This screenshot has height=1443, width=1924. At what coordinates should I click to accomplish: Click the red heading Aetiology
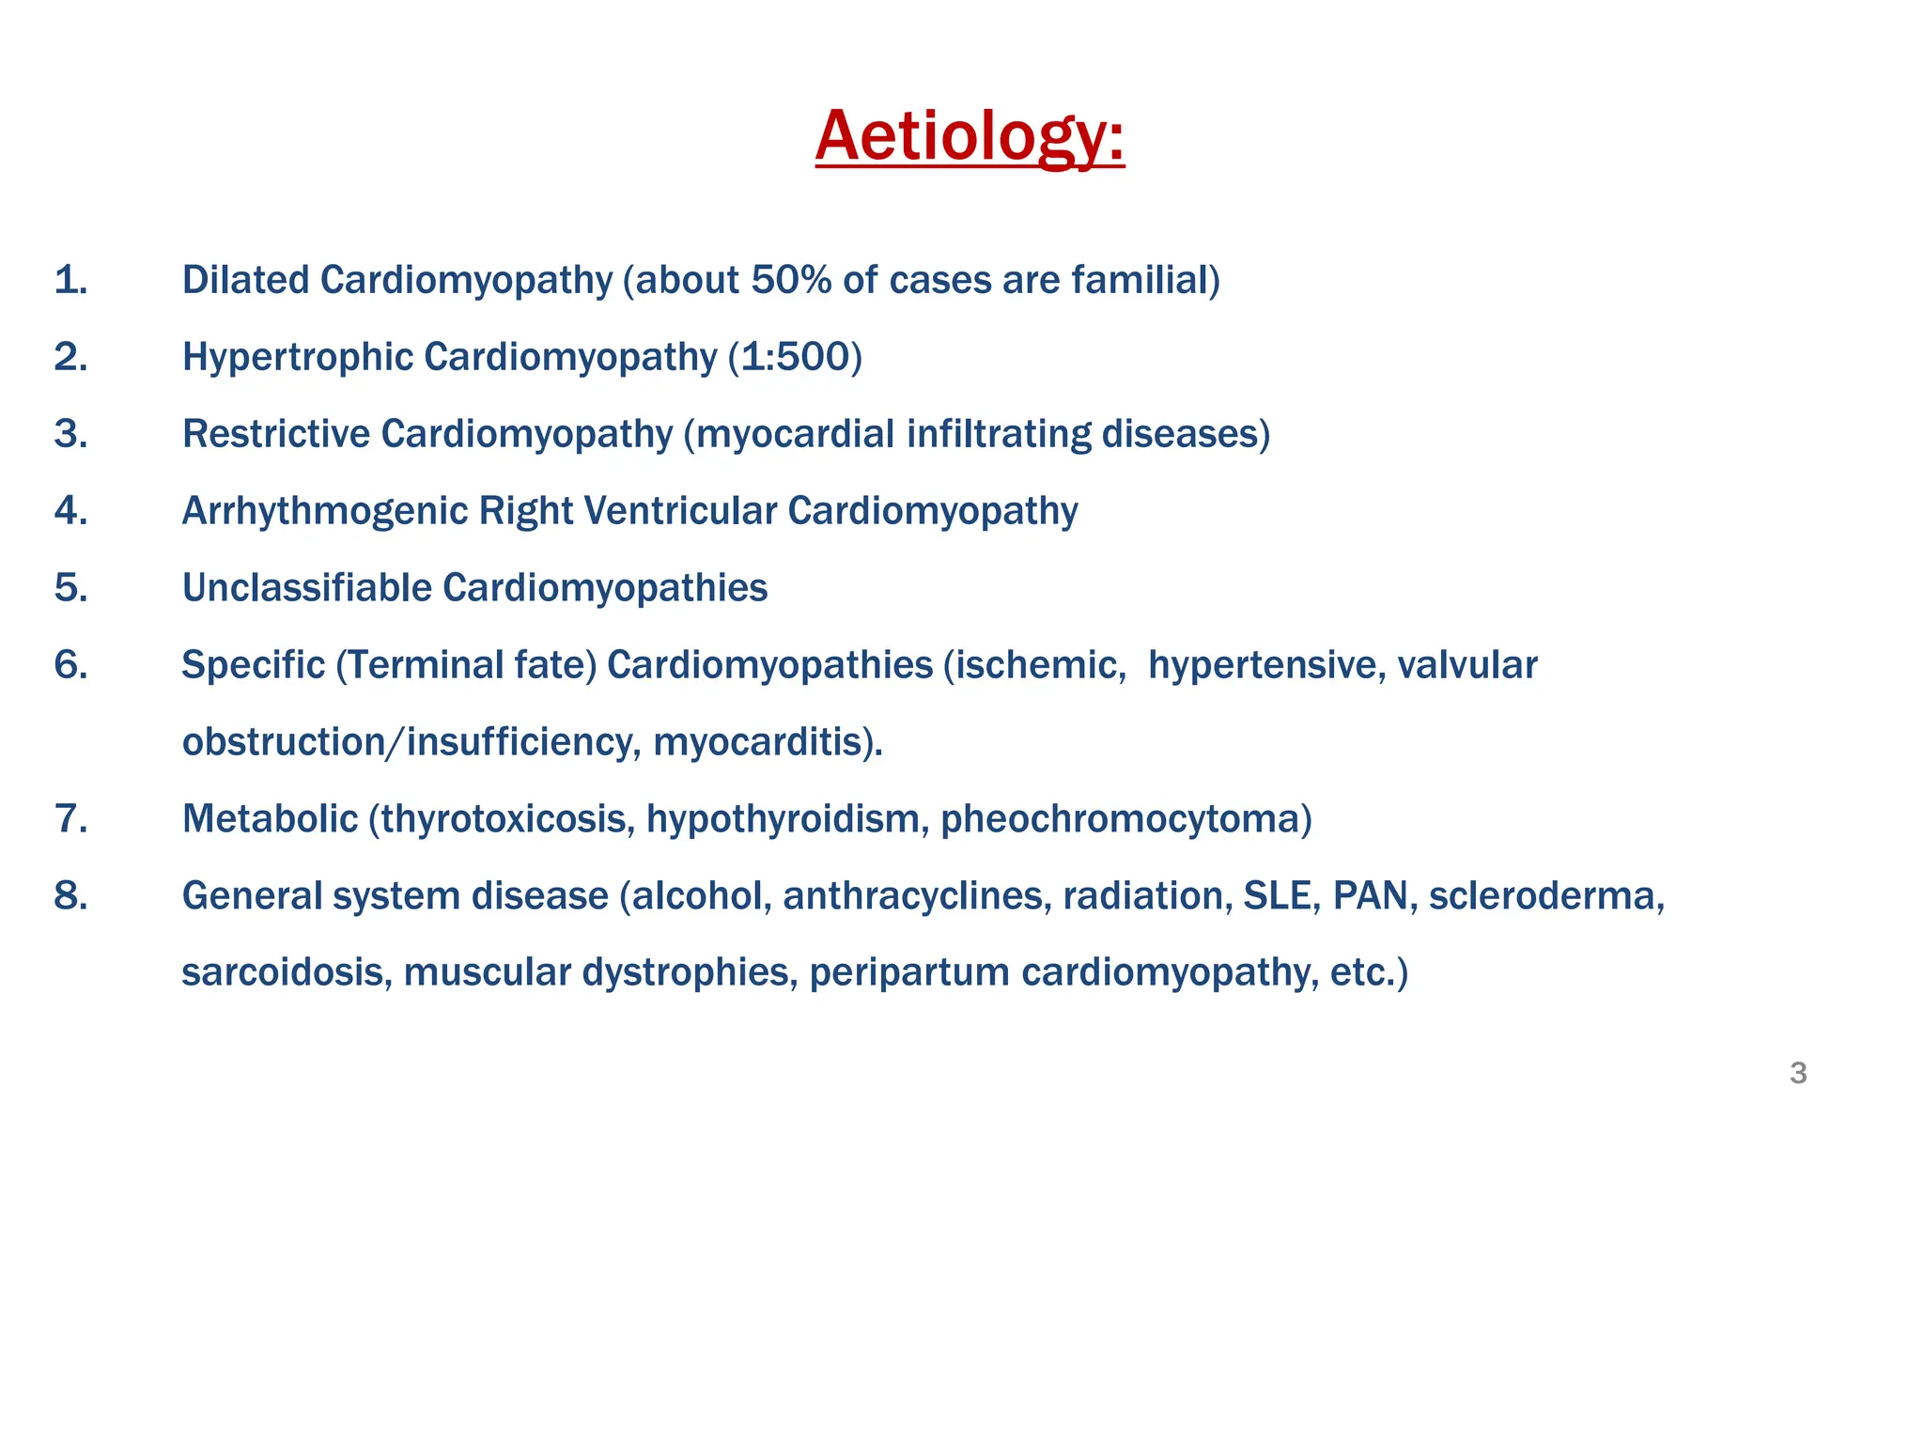point(969,137)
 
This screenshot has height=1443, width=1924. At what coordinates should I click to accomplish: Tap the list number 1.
point(70,280)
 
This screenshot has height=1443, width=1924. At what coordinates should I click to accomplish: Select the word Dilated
point(245,280)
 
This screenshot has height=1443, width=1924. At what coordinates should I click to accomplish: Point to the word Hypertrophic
point(297,357)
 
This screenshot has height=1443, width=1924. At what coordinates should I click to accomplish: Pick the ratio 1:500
point(795,357)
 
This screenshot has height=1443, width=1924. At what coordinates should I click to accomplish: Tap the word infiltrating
point(999,434)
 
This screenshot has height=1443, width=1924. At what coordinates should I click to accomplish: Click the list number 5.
point(70,588)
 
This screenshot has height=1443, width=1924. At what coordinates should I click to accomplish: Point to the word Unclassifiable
point(306,588)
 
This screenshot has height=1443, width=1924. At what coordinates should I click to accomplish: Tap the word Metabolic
point(270,819)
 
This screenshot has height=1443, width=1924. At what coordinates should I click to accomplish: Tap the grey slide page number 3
point(1798,1073)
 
